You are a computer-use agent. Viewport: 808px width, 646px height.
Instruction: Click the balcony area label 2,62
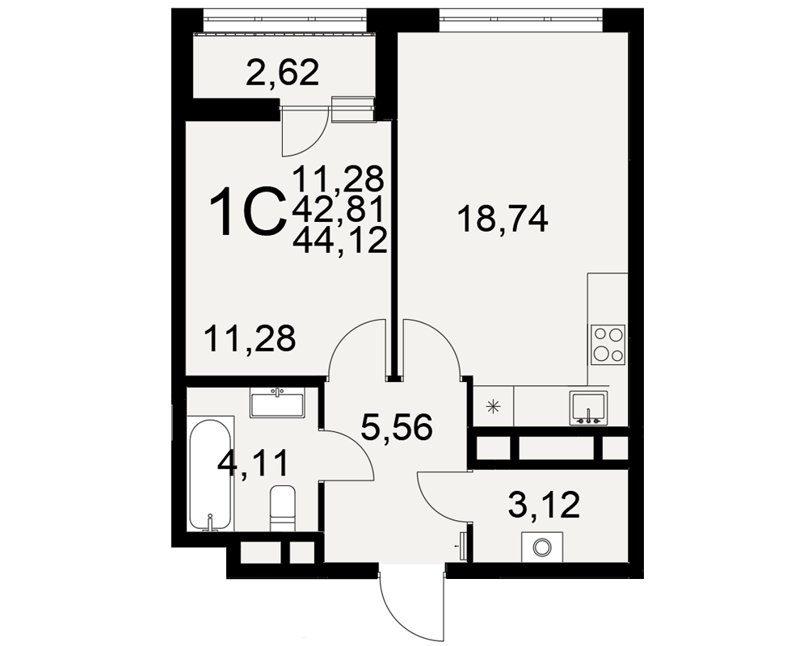pos(282,73)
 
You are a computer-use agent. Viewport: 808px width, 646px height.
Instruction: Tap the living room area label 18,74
pos(503,219)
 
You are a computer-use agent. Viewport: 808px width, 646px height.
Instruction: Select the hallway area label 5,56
pos(396,428)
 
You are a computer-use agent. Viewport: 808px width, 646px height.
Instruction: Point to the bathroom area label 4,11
pos(252,464)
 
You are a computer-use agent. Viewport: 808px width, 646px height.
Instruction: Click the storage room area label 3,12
pos(544,505)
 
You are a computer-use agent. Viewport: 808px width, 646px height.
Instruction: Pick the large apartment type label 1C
pos(248,212)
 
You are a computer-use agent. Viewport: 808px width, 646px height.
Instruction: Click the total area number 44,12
pos(340,240)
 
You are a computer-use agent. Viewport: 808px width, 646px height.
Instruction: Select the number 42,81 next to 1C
pos(339,210)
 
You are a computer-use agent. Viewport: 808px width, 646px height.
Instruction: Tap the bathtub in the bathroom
pos(210,475)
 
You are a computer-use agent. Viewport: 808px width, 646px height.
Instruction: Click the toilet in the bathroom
pos(282,507)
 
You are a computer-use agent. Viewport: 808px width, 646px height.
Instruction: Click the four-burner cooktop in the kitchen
pos(608,345)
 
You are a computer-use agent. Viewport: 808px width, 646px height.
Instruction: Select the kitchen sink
pos(588,408)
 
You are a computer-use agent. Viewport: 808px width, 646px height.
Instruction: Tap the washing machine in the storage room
pos(541,547)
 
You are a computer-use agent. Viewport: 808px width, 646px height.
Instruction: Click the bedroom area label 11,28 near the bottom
pos(250,338)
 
